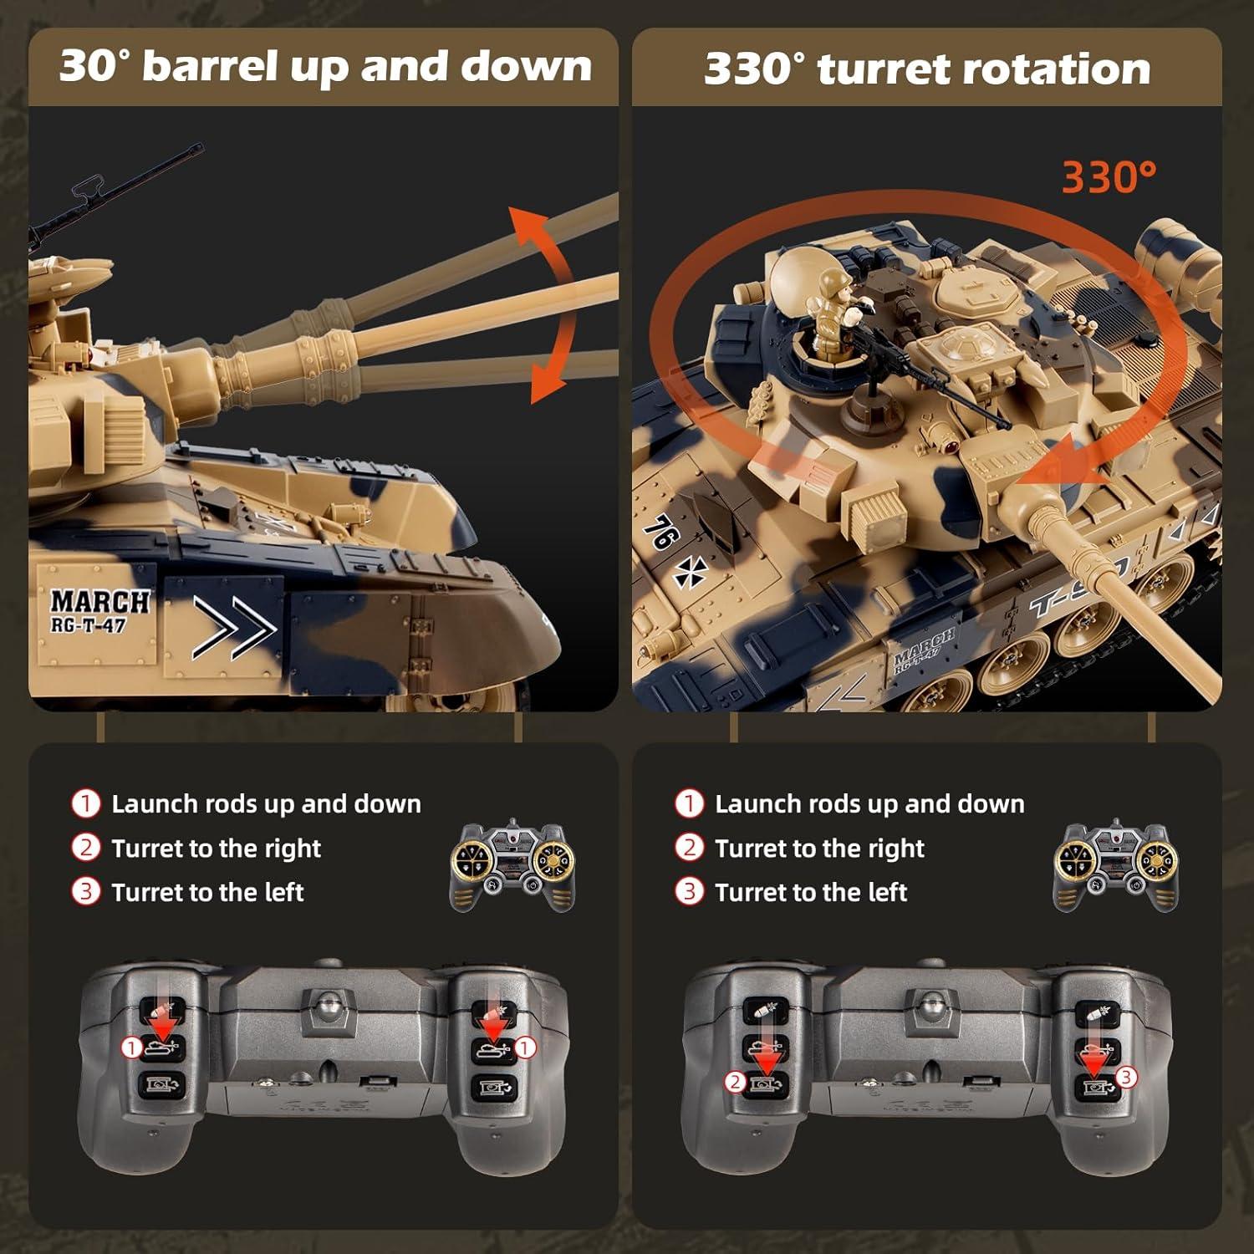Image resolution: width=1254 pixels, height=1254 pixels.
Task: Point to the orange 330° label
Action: [x=1109, y=177]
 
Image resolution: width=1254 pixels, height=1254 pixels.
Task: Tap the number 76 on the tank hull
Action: [x=660, y=533]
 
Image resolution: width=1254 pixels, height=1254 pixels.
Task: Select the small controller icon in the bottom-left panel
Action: [x=512, y=867]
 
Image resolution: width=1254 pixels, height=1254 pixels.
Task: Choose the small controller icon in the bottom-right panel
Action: [x=1115, y=867]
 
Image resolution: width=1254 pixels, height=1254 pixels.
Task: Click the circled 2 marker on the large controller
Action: [x=735, y=1082]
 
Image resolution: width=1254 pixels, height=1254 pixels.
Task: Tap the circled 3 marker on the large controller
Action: [x=1126, y=1077]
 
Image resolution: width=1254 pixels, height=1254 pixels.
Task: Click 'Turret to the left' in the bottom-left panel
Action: [x=207, y=893]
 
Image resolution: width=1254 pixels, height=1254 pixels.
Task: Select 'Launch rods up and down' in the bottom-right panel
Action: [x=869, y=804]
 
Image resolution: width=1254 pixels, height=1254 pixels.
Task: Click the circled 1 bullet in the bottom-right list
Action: [x=689, y=804]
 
